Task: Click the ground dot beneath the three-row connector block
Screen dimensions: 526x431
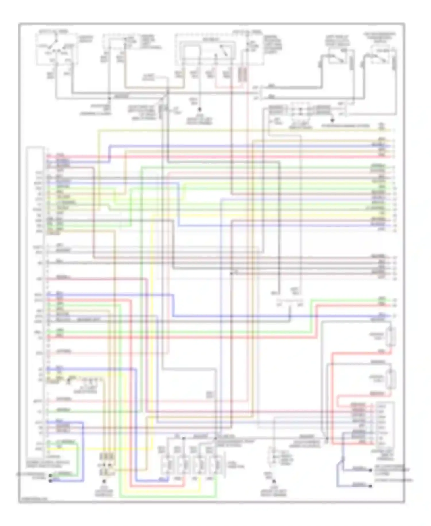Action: point(104,481)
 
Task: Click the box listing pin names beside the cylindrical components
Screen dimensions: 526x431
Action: point(385,424)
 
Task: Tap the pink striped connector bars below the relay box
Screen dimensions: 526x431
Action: point(243,74)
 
